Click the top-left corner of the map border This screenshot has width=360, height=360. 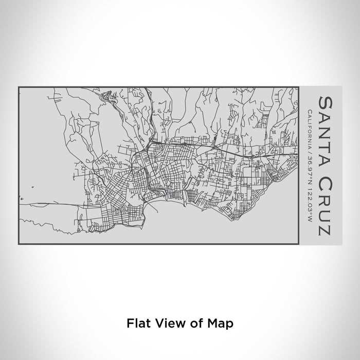click(x=19, y=87)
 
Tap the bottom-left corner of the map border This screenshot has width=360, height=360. click(x=19, y=244)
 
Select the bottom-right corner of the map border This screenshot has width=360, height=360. click(x=299, y=244)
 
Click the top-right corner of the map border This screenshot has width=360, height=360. click(x=299, y=87)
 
